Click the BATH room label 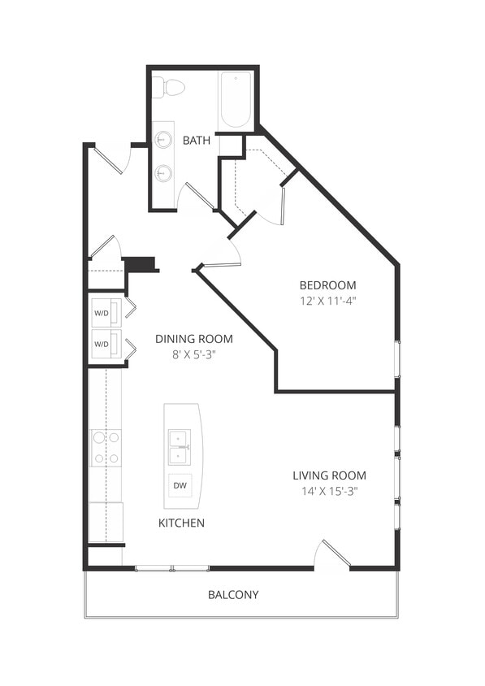click(197, 141)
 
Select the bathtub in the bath click(236, 100)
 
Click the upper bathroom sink click(163, 138)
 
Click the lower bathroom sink click(163, 173)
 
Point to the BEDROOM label click(327, 285)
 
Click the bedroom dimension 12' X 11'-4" click(327, 301)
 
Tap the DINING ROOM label click(193, 339)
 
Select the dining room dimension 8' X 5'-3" click(193, 354)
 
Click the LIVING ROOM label click(329, 475)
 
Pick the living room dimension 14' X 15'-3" click(329, 491)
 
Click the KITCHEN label click(181, 523)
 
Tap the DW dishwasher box click(180, 486)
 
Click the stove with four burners click(106, 447)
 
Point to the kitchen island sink click(179, 447)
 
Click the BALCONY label click(233, 595)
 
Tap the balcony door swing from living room click(333, 555)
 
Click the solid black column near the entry click(139, 264)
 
